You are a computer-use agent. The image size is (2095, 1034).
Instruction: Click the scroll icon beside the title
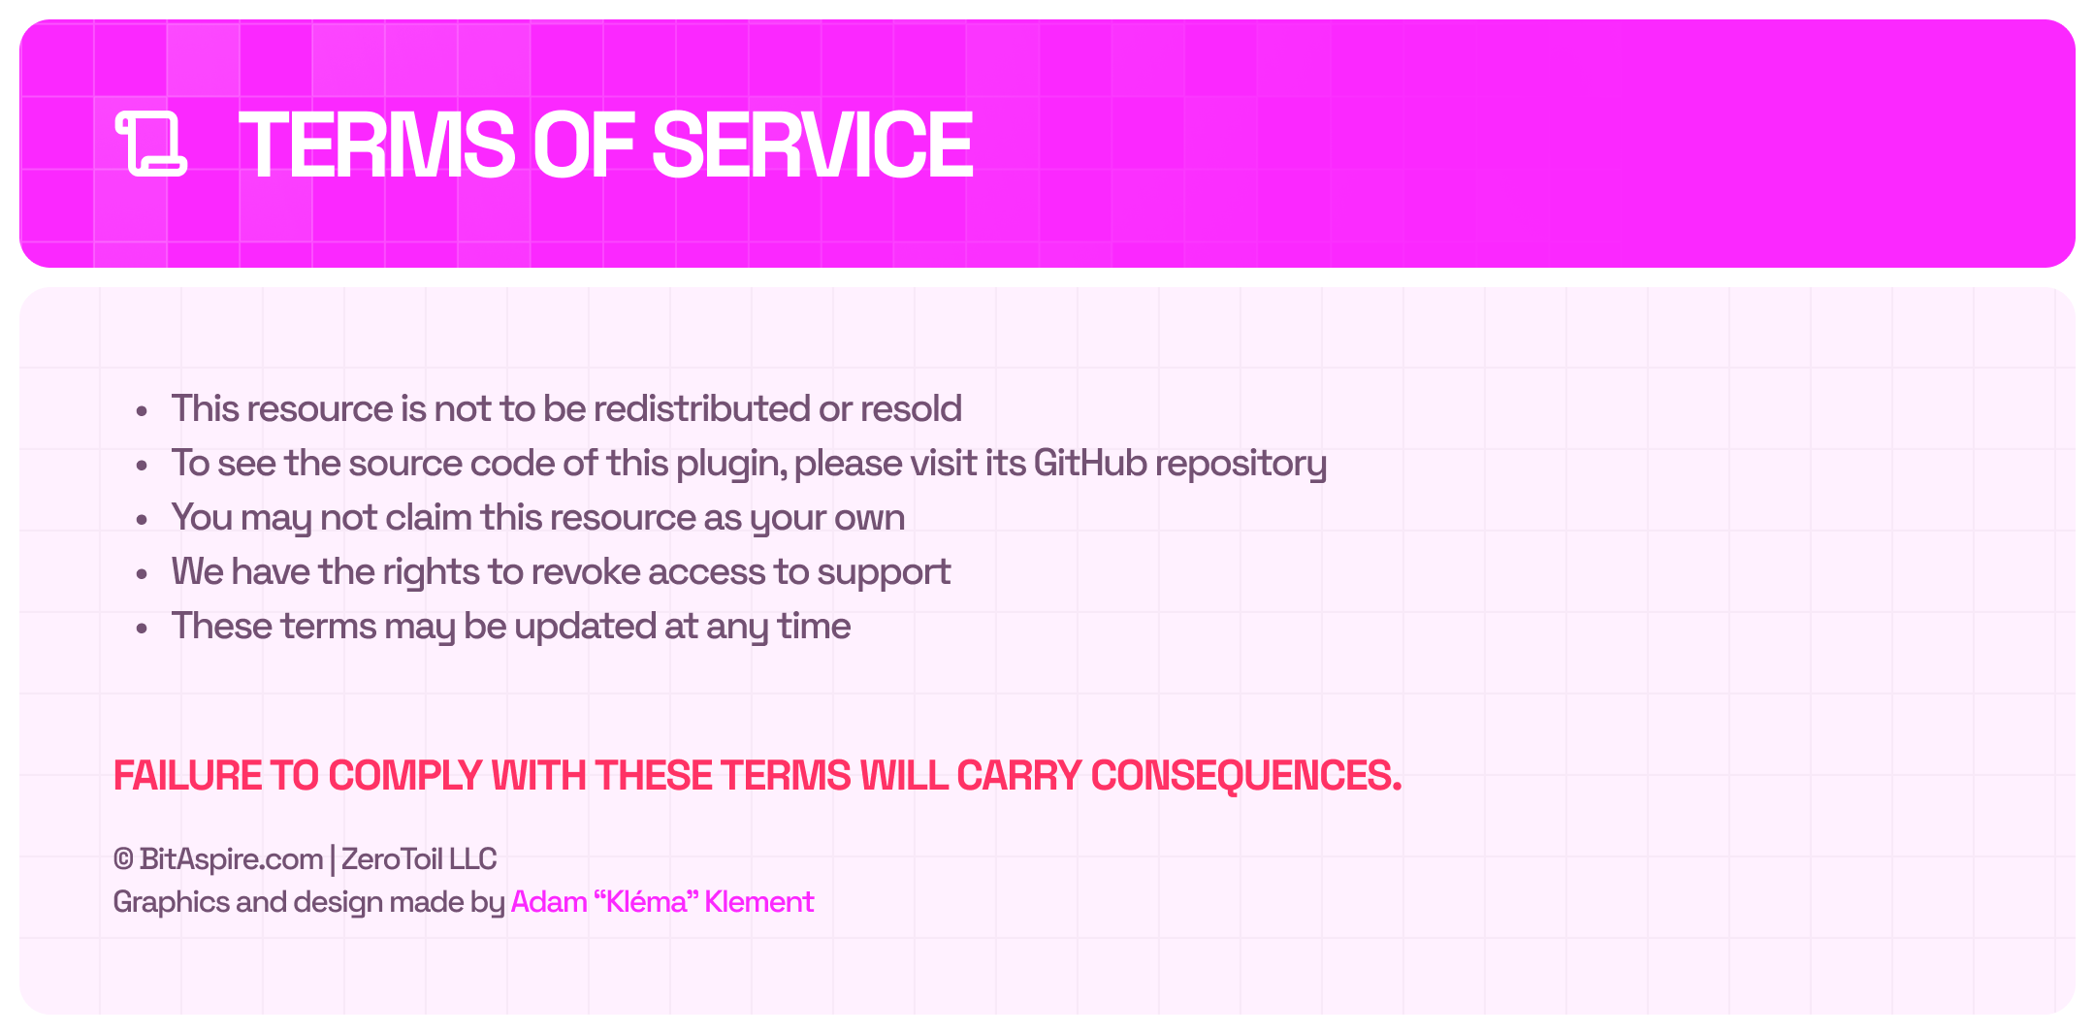tap(151, 144)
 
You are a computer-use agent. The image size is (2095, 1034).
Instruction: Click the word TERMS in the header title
tap(377, 145)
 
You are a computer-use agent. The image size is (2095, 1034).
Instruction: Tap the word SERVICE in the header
tap(813, 145)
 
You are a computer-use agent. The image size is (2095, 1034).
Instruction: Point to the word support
tap(884, 573)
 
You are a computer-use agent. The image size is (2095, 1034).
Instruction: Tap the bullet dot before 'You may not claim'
tap(142, 519)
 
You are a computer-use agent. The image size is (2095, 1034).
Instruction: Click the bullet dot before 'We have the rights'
tap(142, 573)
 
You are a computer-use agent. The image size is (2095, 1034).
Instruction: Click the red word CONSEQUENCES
tap(1246, 776)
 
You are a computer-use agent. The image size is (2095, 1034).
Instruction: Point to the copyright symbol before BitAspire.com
tap(123, 859)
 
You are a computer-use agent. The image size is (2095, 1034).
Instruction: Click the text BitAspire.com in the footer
tap(231, 860)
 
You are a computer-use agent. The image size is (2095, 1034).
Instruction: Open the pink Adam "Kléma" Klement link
tap(662, 902)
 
